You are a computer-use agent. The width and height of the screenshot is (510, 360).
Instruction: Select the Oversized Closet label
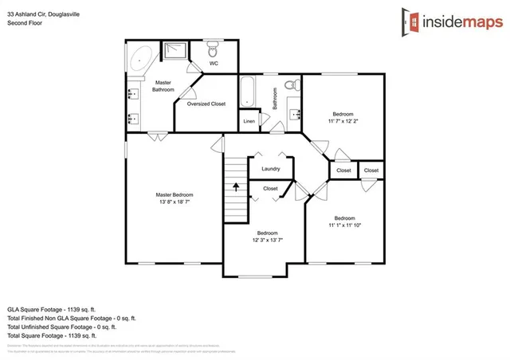(x=206, y=104)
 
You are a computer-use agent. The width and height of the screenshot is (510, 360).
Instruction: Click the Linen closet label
(x=249, y=121)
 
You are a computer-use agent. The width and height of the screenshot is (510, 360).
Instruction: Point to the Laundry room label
(x=270, y=169)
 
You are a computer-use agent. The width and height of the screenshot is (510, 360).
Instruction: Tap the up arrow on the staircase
(x=236, y=188)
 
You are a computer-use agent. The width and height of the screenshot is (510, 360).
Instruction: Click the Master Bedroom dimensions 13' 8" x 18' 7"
(x=175, y=202)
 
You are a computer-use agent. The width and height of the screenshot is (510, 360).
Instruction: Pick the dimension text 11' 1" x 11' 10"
(x=344, y=225)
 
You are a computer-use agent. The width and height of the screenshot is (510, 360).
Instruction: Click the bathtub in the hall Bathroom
(x=248, y=92)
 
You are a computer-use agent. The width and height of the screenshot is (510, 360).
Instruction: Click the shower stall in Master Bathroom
(x=173, y=53)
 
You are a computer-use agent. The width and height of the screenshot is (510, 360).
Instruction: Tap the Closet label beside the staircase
(x=270, y=189)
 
